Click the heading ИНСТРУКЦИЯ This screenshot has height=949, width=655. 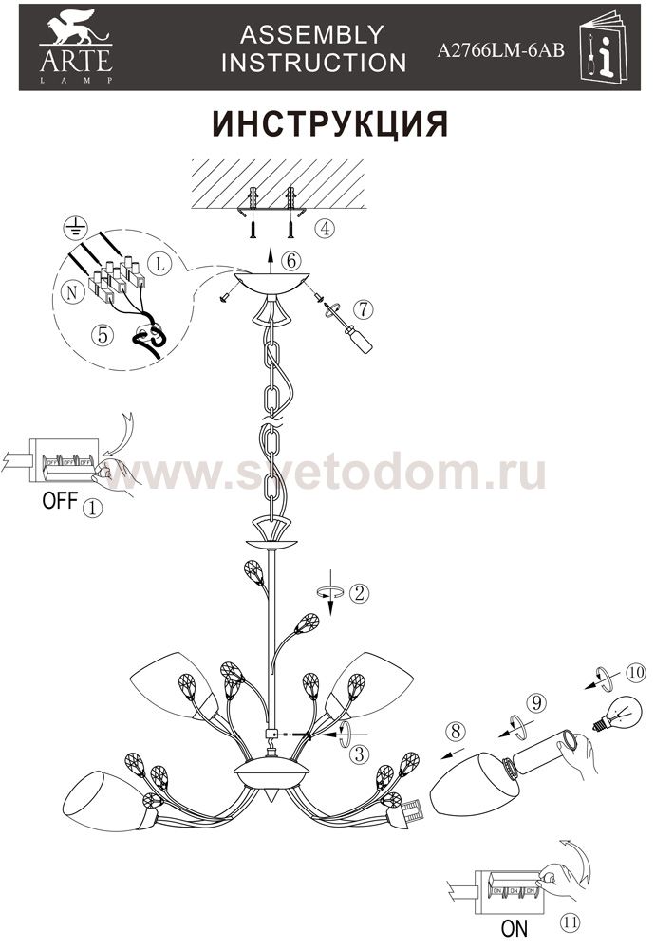(330, 124)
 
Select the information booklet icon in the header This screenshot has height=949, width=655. (604, 47)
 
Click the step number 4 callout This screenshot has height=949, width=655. (326, 228)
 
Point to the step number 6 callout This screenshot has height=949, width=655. (291, 261)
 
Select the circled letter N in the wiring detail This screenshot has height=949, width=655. (72, 292)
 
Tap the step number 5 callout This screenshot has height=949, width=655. (103, 334)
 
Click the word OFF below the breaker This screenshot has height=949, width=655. (60, 500)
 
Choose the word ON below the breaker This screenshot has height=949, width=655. (514, 928)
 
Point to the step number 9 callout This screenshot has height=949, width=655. (536, 702)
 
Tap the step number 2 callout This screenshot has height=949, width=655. (359, 593)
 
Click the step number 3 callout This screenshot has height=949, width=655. (360, 754)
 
